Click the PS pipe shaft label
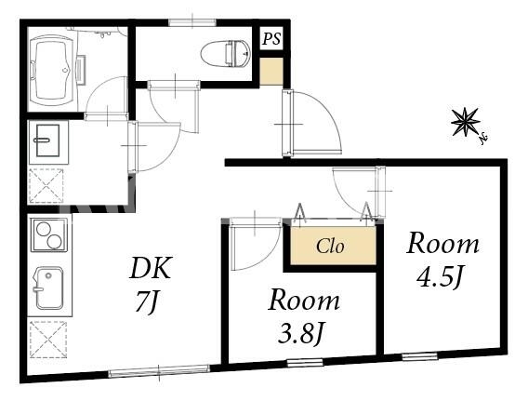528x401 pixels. [271, 39]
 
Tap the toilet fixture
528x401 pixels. [226, 53]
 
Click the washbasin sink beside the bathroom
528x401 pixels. [48, 140]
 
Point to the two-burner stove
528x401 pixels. [49, 235]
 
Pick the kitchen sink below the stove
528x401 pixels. [49, 288]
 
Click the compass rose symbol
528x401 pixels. [467, 122]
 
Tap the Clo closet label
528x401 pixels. [330, 247]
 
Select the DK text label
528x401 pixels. [151, 268]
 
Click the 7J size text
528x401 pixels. [147, 301]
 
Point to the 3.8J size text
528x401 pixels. [300, 333]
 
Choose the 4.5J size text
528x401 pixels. [438, 277]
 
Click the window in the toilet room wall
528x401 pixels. [192, 22]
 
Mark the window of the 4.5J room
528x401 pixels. [420, 355]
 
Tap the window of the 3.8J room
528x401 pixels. [305, 363]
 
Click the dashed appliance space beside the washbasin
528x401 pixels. [46, 186]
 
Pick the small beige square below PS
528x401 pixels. [271, 72]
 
